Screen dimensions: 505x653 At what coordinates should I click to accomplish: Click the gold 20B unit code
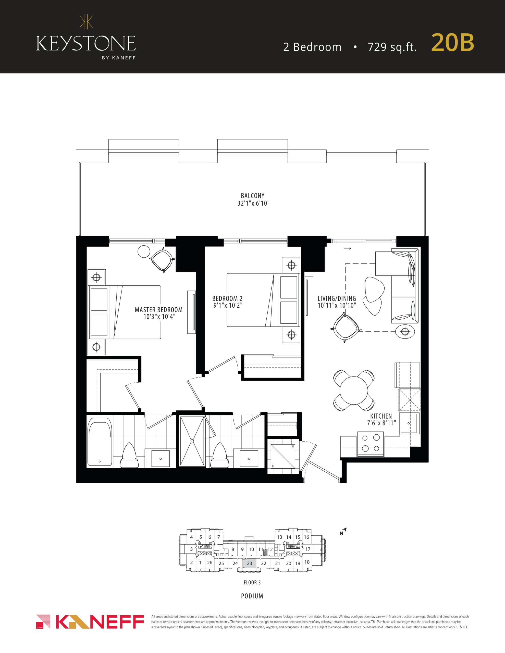pos(452,43)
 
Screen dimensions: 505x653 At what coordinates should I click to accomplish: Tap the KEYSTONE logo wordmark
pos(86,43)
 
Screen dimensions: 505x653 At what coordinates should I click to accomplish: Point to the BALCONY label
pos(253,196)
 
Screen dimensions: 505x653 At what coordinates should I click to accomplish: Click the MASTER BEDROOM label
pos(158,310)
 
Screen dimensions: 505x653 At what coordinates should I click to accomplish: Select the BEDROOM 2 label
pos(227,298)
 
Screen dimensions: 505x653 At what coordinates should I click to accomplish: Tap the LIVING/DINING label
pos(337,298)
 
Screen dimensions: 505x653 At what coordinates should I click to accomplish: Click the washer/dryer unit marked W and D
pos(283,457)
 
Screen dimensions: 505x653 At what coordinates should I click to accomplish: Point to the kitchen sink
pos(409,424)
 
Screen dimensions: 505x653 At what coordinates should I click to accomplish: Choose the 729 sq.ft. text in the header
pos(392,47)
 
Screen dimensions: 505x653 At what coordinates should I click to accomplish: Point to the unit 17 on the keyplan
pos(308,549)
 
